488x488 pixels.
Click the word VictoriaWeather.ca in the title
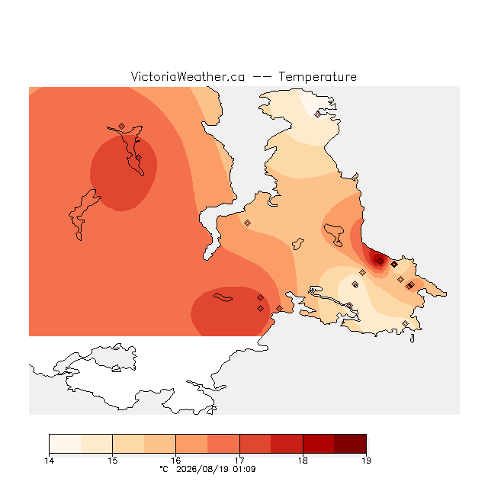(x=188, y=76)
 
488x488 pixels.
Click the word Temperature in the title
(x=317, y=76)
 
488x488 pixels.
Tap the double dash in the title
(x=262, y=77)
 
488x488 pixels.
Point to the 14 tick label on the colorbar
(x=49, y=461)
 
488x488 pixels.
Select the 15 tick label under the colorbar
(x=113, y=461)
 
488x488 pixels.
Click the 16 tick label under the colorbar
(x=176, y=461)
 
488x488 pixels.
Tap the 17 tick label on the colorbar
(x=239, y=461)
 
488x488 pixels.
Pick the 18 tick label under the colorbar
(x=303, y=461)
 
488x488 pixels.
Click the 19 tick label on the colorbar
(x=366, y=461)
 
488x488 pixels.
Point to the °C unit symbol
(x=164, y=469)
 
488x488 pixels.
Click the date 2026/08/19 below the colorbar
(x=202, y=469)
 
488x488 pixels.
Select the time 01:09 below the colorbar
(x=243, y=469)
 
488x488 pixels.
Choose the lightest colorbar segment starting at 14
(x=65, y=444)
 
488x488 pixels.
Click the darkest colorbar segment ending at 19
(x=350, y=444)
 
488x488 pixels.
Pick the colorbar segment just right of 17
(x=255, y=444)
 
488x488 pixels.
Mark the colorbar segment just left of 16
(x=160, y=444)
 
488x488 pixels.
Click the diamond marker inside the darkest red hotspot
(x=380, y=261)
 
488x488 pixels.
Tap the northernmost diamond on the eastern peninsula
(x=317, y=115)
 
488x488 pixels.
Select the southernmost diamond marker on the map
(x=405, y=323)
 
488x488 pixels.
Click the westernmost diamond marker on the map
(x=122, y=126)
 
